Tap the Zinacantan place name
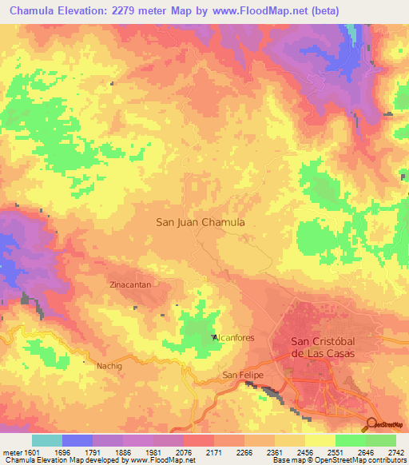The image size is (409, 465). click(x=130, y=284)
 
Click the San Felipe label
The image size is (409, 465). click(x=243, y=375)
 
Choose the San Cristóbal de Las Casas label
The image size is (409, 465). click(x=320, y=348)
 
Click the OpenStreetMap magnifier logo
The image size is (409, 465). click(x=371, y=425)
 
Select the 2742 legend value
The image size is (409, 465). click(x=395, y=452)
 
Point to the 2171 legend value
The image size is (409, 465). click(x=213, y=452)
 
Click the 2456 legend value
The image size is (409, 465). click(x=304, y=452)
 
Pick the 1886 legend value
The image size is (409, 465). click(x=122, y=452)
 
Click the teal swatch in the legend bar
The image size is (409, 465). click(x=47, y=440)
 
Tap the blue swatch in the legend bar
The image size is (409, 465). click(x=77, y=440)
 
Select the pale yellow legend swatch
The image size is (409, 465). click(x=320, y=440)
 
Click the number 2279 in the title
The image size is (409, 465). click(x=141, y=11)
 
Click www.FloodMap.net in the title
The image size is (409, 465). click(x=267, y=11)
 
